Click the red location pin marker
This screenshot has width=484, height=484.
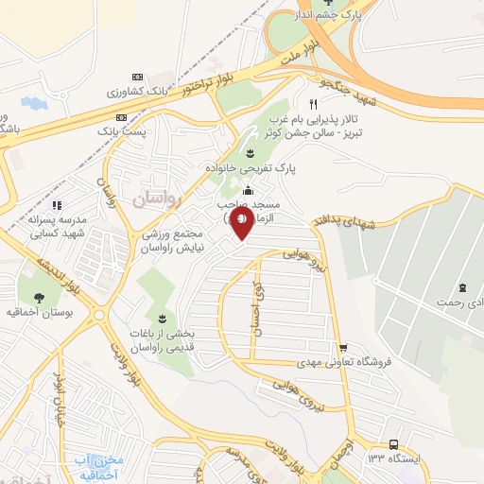242,224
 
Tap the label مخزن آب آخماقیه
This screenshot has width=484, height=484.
98,466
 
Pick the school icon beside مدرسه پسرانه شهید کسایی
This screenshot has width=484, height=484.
57,203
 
